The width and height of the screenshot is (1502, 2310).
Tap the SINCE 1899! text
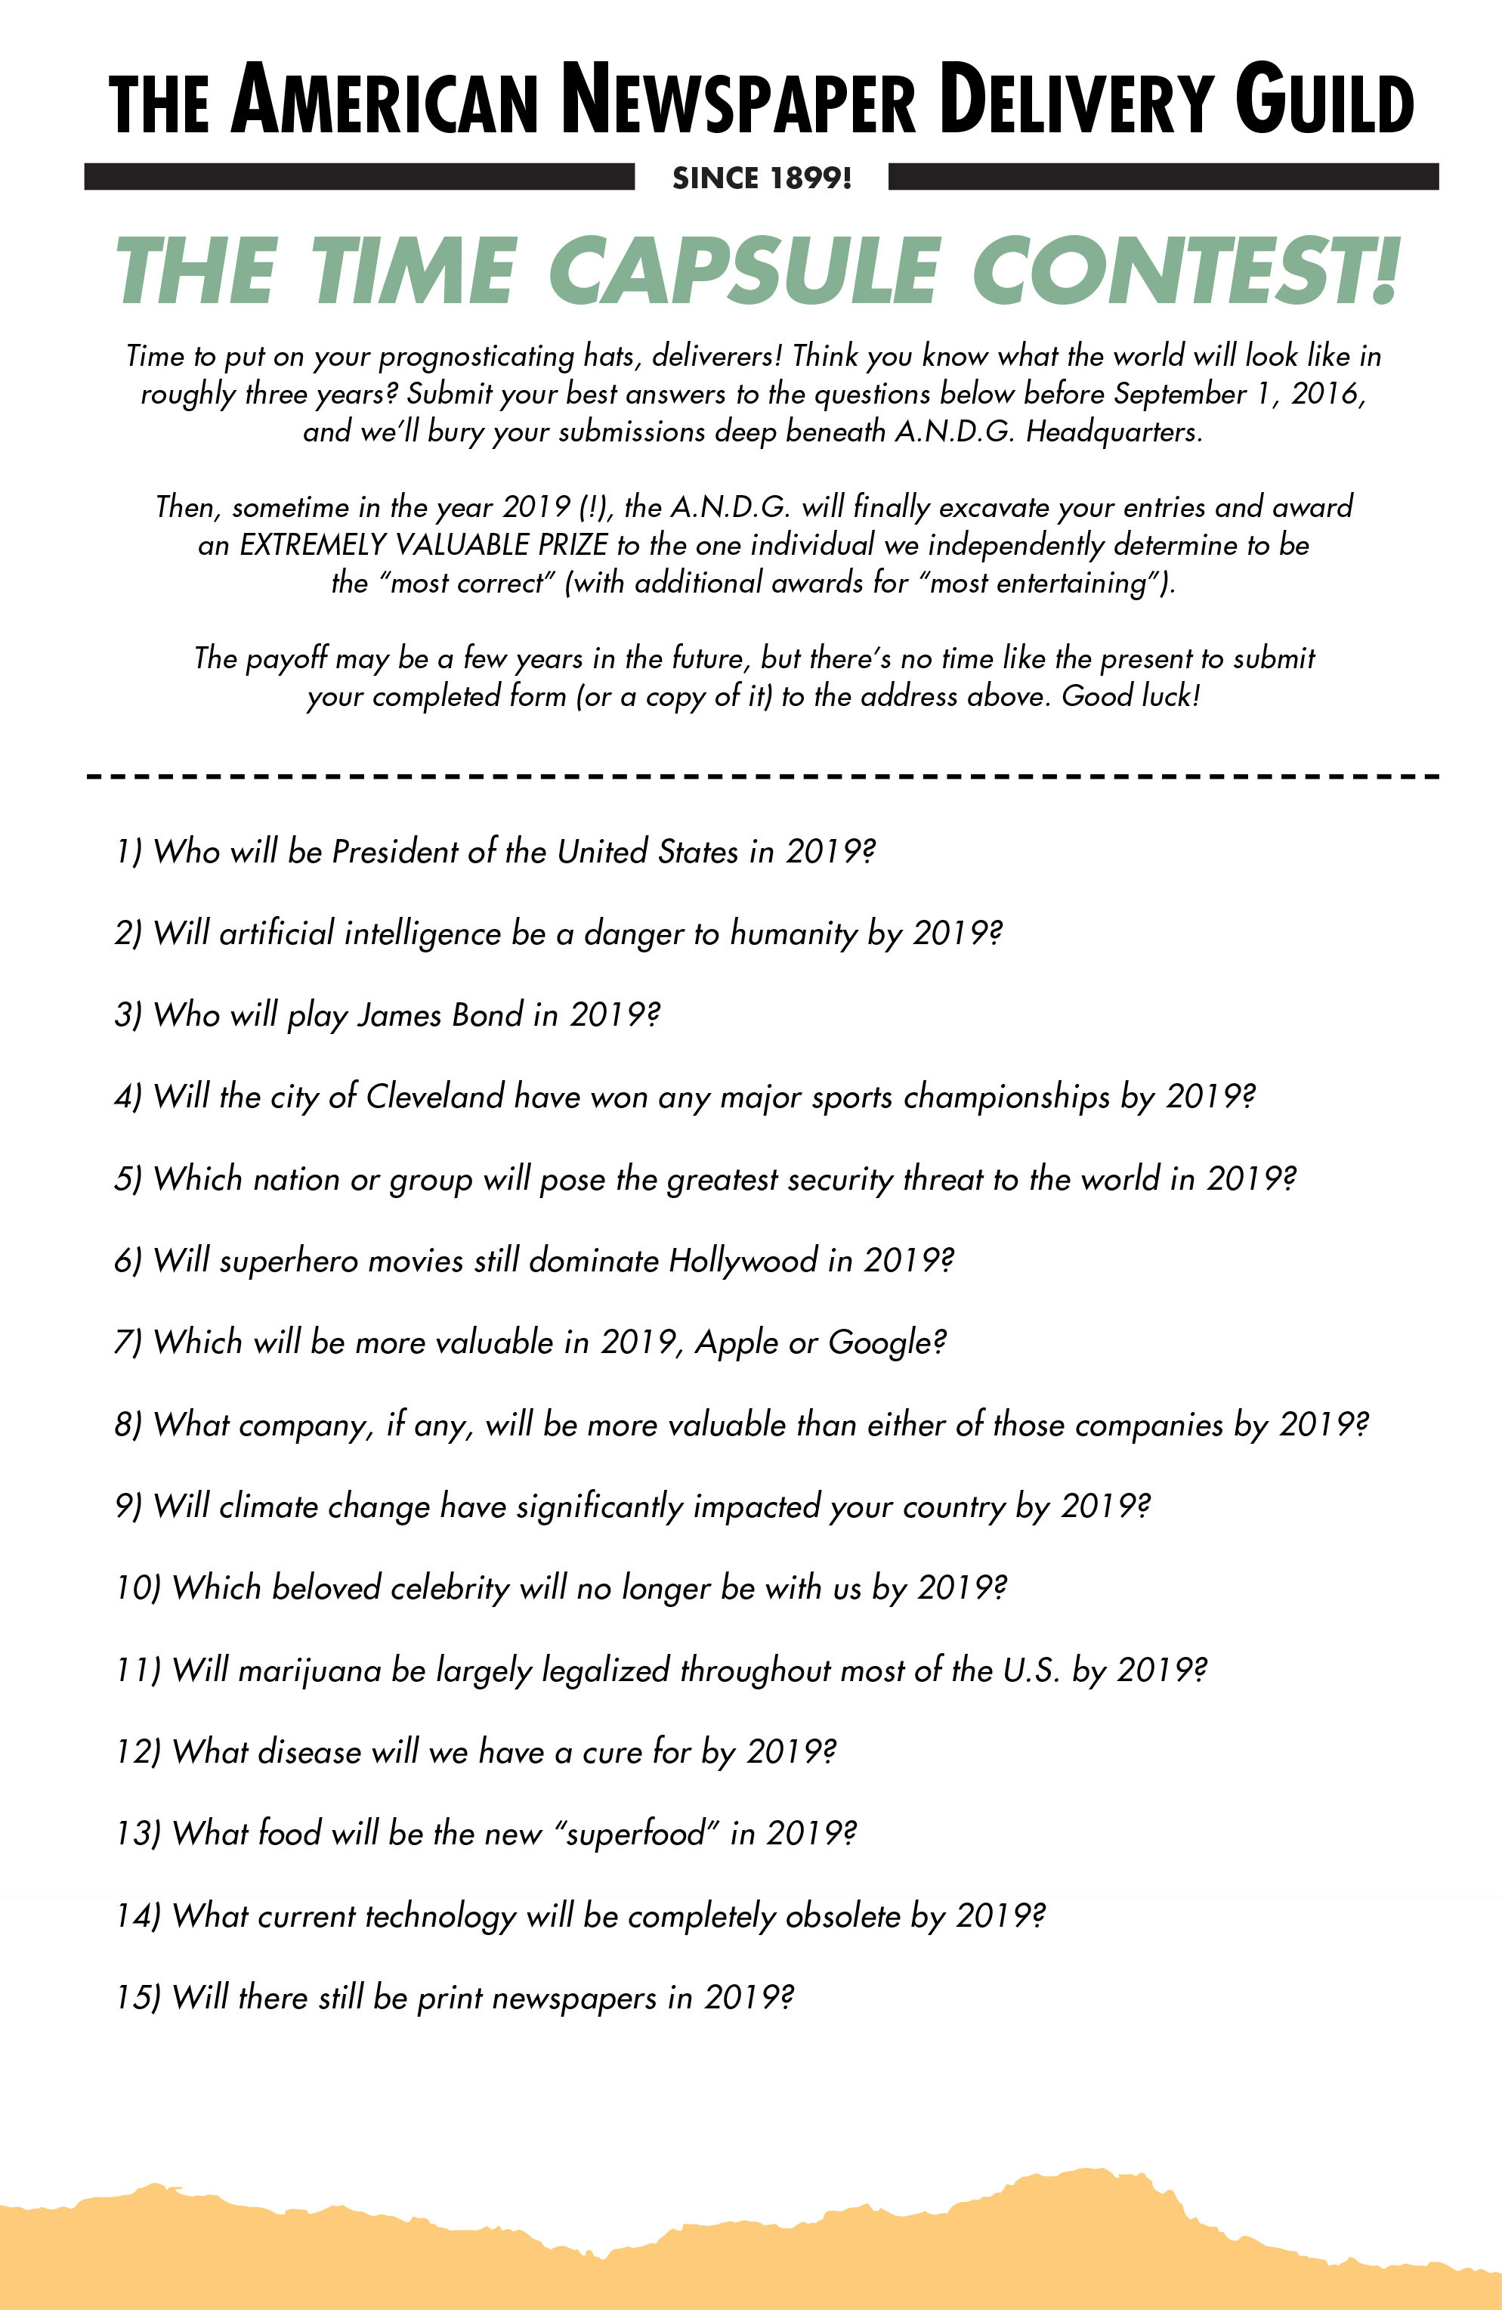pyautogui.click(x=762, y=178)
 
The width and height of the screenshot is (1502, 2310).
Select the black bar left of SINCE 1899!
pyautogui.click(x=359, y=177)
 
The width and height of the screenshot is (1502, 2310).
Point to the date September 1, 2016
pyautogui.click(x=1239, y=394)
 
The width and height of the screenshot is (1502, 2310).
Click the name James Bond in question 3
pyautogui.click(x=440, y=1015)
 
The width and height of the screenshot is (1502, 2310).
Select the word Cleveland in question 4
pyautogui.click(x=434, y=1097)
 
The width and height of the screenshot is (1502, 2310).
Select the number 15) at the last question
pyautogui.click(x=137, y=1998)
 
